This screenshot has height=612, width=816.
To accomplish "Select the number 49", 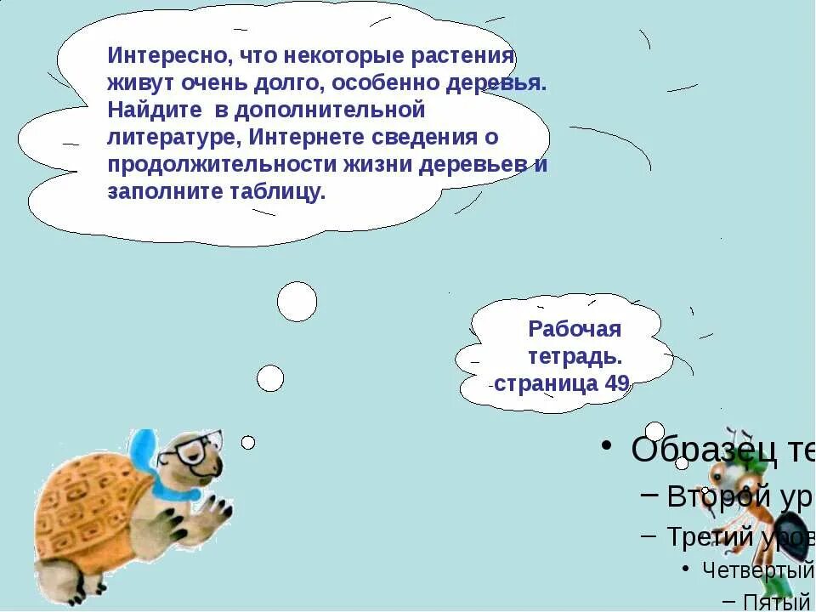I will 616,383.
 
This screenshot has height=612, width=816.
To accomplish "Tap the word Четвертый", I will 756,569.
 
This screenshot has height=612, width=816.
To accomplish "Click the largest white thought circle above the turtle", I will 297,302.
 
